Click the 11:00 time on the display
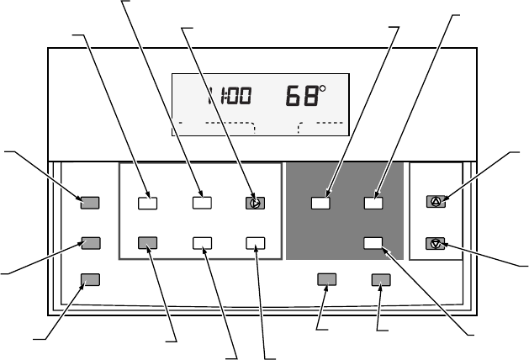(x=230, y=97)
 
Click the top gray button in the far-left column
(x=90, y=202)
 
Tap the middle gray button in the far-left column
(x=90, y=242)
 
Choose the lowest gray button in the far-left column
(x=90, y=279)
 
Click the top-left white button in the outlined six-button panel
(x=148, y=202)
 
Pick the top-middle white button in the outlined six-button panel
(x=201, y=202)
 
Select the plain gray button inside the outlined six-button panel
(x=148, y=242)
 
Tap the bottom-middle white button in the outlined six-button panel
(x=201, y=242)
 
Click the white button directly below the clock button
(x=255, y=242)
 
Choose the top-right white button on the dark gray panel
(x=373, y=202)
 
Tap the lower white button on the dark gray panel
(x=373, y=242)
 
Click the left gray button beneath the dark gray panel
(x=327, y=279)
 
